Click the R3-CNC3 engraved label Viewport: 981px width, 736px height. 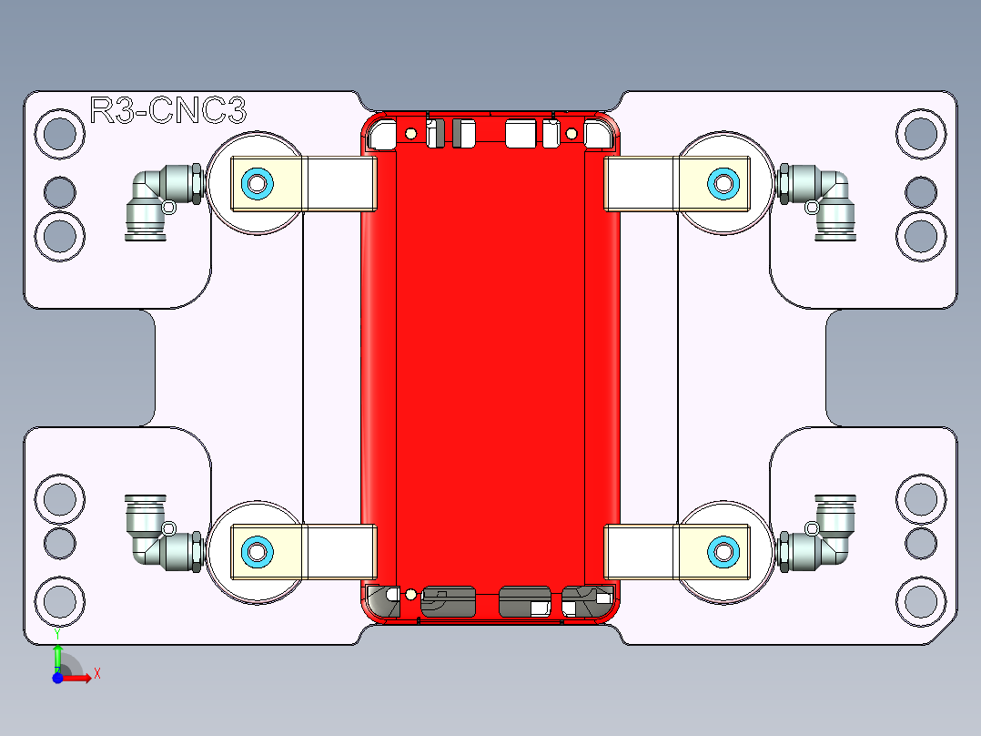[168, 111]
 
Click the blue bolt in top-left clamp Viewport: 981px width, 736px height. [257, 184]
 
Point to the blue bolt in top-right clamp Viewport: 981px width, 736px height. [723, 184]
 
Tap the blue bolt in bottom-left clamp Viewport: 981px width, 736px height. [257, 551]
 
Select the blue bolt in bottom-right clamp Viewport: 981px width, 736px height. [723, 551]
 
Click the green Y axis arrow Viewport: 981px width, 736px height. [57, 655]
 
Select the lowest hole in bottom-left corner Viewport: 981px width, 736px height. [60, 600]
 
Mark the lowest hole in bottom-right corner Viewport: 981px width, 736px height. [920, 600]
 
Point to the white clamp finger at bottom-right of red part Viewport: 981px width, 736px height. [640, 551]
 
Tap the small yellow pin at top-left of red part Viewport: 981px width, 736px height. [411, 135]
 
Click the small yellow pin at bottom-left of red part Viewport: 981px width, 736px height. [411, 595]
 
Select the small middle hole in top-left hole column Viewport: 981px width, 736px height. [60, 192]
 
